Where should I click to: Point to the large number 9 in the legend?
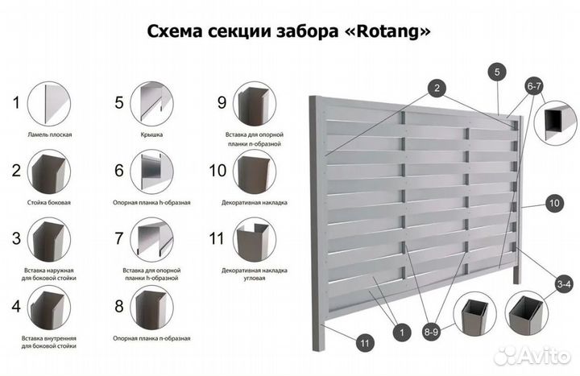click(222, 102)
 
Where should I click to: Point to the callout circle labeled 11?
click(364, 343)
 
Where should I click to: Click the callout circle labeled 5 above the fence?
click(497, 72)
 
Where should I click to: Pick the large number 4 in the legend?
click(15, 306)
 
